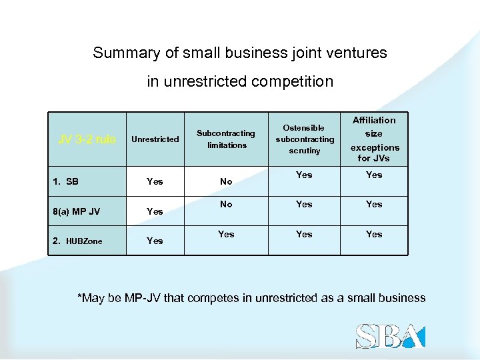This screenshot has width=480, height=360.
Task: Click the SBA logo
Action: tap(389, 335)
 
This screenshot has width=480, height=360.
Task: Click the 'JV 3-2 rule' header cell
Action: tap(87, 139)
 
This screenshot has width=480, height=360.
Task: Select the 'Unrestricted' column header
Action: tap(155, 139)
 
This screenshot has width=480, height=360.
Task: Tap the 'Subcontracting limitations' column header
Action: tap(227, 139)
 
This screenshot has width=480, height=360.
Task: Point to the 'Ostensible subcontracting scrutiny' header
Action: tap(304, 139)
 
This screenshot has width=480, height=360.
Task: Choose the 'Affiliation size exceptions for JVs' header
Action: tap(374, 139)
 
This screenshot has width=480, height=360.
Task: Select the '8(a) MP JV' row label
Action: tap(76, 211)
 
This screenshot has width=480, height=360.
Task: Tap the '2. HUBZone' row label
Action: tap(77, 241)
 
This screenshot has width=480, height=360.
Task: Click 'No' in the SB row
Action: tap(226, 181)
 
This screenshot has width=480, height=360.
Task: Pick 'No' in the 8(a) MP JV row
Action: tap(226, 204)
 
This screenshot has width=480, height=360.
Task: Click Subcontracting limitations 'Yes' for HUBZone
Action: tap(226, 234)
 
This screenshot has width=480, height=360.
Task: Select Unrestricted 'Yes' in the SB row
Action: tap(155, 181)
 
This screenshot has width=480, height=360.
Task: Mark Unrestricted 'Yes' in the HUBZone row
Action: tap(155, 241)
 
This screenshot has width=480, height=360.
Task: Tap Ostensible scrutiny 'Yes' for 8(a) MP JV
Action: tap(304, 204)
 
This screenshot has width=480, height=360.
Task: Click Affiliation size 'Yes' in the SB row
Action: tap(374, 175)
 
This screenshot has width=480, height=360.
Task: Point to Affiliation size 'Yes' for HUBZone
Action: tap(374, 234)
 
